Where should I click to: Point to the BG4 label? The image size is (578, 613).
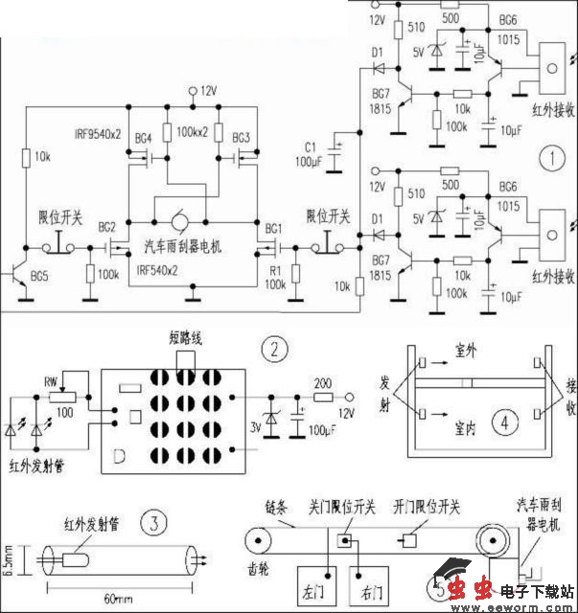point(143,137)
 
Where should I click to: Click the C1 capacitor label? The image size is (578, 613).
point(309,146)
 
